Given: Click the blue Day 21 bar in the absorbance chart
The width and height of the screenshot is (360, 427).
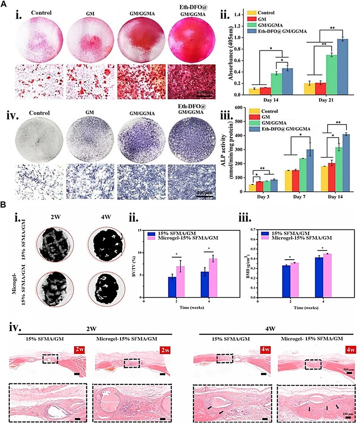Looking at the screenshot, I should click(333, 67).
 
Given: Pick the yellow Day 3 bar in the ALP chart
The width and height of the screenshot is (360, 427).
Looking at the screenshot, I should click(252, 188).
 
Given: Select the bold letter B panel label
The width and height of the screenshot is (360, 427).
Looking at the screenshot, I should click(4, 204).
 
